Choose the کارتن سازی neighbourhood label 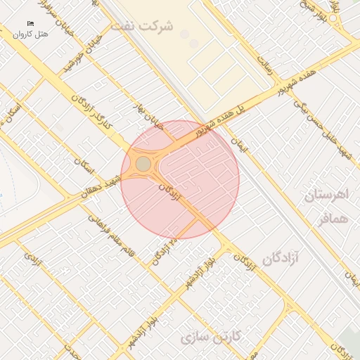[x=210, y=337]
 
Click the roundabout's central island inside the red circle [x=143, y=164]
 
